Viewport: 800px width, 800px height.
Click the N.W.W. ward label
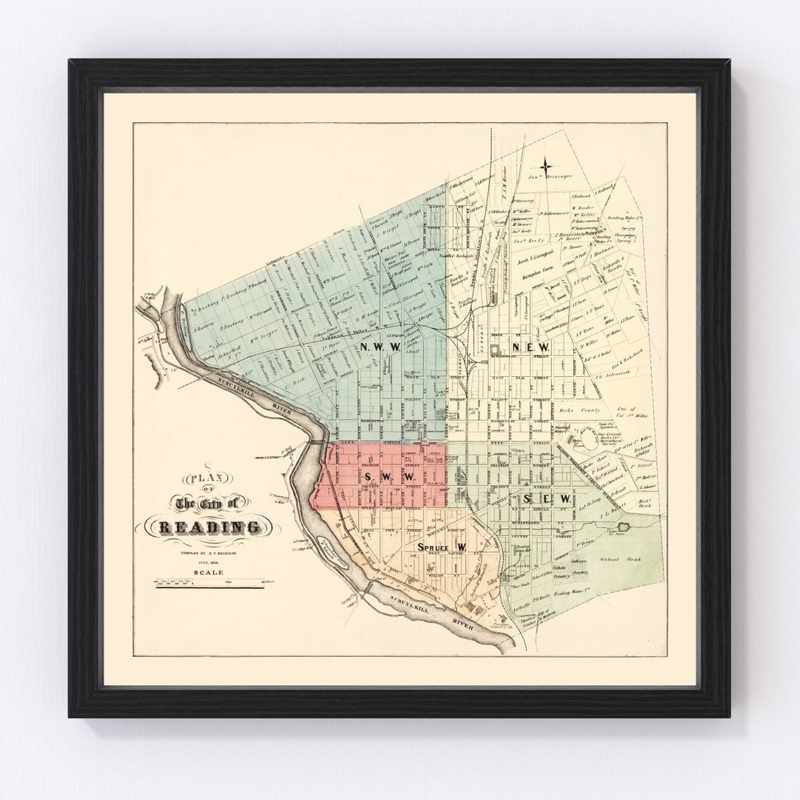379,347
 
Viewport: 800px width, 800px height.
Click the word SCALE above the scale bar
206,570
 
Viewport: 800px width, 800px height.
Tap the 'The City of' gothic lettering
207,504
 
